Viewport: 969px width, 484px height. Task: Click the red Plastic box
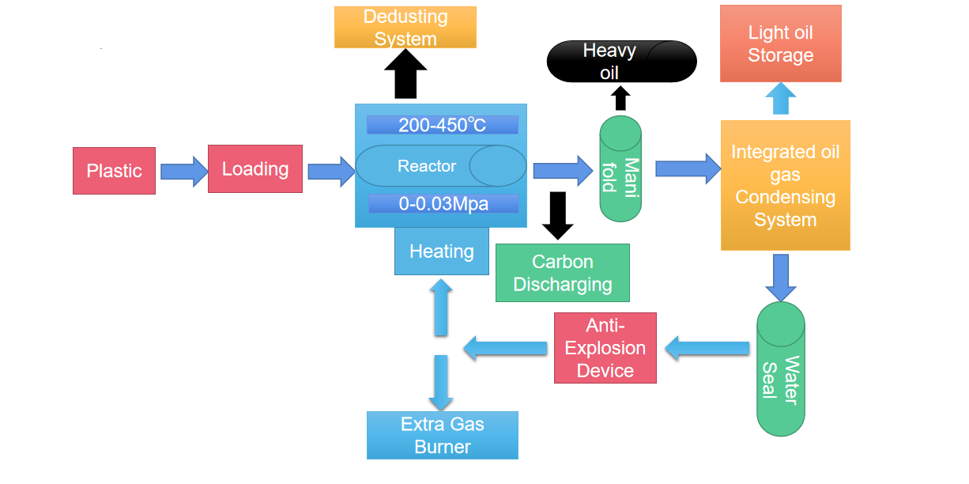click(114, 171)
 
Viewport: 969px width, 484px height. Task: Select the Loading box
click(255, 168)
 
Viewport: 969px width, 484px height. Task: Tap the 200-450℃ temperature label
click(442, 125)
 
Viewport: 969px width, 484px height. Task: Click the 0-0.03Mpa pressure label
click(443, 204)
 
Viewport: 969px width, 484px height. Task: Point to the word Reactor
click(426, 166)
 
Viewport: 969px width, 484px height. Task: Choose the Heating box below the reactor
click(441, 252)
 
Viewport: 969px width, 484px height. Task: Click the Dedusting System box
click(405, 28)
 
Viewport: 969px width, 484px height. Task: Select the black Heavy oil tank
click(621, 62)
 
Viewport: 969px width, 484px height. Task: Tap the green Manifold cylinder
click(620, 168)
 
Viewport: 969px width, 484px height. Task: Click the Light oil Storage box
click(780, 43)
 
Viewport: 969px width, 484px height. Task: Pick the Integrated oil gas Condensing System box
click(785, 186)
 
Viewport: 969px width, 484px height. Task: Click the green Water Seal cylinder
click(780, 369)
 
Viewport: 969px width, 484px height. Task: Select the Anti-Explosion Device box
click(605, 348)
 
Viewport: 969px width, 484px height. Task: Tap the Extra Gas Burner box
click(442, 435)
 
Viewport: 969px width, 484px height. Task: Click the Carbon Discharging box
click(562, 273)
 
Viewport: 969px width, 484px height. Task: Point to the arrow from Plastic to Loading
click(183, 171)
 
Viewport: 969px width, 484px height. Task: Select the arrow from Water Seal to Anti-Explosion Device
click(707, 347)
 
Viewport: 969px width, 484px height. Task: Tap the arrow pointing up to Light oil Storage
click(780, 99)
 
